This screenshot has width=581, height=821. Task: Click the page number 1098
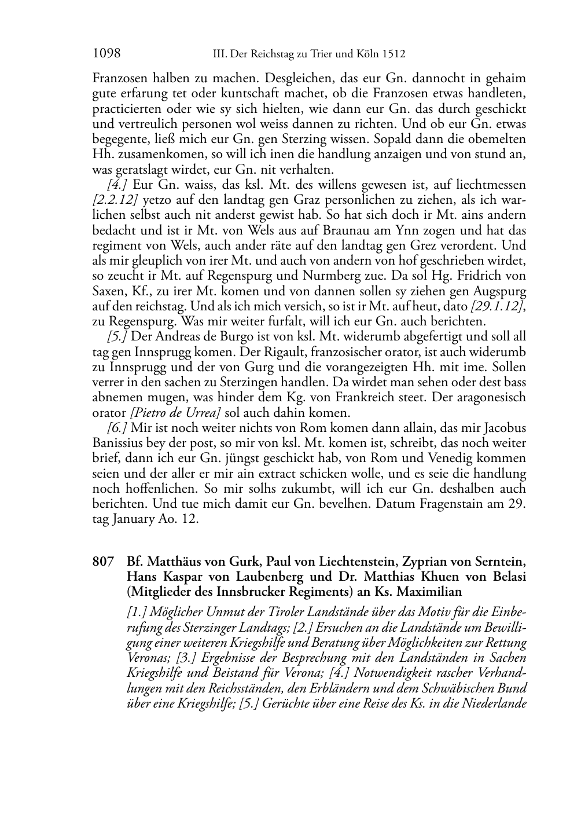(106, 54)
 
